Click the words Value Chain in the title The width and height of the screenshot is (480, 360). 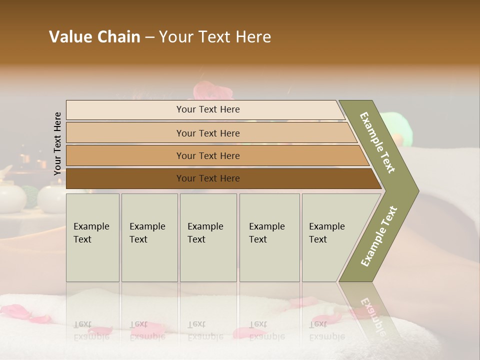(94, 37)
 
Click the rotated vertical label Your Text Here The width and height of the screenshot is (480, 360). (57, 143)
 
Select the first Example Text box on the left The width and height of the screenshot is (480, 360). (92, 237)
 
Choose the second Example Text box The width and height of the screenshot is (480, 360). (149, 237)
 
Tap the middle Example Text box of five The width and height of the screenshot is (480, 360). (208, 237)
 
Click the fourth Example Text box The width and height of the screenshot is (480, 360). (269, 237)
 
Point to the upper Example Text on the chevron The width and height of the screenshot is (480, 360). (377, 142)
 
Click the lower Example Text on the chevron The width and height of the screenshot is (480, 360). (379, 236)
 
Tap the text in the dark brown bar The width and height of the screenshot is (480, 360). (208, 178)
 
